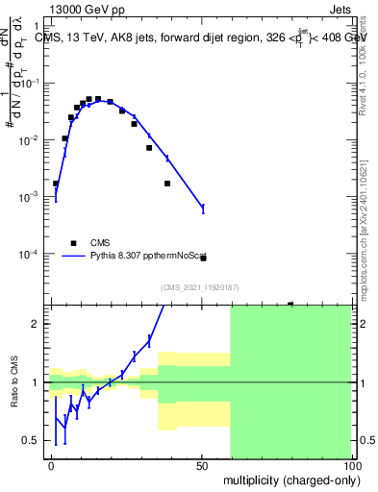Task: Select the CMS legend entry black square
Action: pos(72,243)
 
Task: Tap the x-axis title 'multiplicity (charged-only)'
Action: pos(289,478)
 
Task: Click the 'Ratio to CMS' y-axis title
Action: pos(13,394)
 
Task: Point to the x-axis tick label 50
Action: pos(202,463)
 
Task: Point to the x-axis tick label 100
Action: pos(350,463)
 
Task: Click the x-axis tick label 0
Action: pos(51,463)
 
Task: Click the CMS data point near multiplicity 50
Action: pos(203,258)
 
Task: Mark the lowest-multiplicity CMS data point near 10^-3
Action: pos(56,183)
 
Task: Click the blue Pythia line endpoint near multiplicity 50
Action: pos(203,209)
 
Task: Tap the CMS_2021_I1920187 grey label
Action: pos(200,286)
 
